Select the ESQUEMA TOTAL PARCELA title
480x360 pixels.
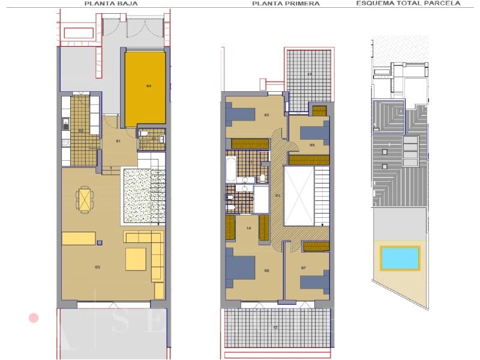tap(408, 3)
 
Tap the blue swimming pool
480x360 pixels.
tap(400, 258)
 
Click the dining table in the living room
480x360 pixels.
tap(86, 199)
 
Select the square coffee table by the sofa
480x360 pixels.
tap(136, 259)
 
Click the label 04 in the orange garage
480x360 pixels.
tap(148, 87)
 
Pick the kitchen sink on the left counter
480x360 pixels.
tap(65, 125)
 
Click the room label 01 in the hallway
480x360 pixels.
tap(118, 141)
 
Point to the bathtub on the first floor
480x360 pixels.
tap(230, 169)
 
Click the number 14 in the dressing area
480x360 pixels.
tap(248, 228)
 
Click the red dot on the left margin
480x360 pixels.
tap(34, 317)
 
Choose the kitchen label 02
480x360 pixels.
tap(80, 130)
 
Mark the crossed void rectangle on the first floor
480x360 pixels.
tap(299, 196)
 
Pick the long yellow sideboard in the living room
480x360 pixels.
tap(78, 238)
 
